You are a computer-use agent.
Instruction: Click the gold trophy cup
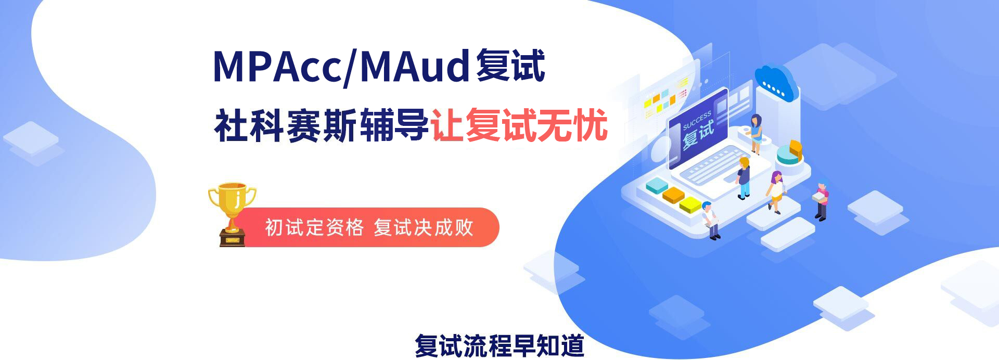click(x=232, y=213)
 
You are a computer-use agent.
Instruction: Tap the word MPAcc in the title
click(x=277, y=67)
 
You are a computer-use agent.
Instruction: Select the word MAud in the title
click(x=415, y=67)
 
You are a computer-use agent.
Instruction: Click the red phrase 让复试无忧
click(x=519, y=125)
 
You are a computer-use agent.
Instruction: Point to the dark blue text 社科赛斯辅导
click(x=322, y=125)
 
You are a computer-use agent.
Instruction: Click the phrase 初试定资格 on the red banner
click(x=314, y=227)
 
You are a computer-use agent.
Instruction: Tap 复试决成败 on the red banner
click(x=424, y=227)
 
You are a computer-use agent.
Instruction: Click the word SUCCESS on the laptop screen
click(x=696, y=121)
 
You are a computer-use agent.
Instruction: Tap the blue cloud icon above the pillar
click(x=776, y=83)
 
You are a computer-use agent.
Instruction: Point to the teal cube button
click(x=657, y=186)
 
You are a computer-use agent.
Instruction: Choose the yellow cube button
click(x=690, y=204)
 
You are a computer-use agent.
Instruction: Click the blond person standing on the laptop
click(x=744, y=178)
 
